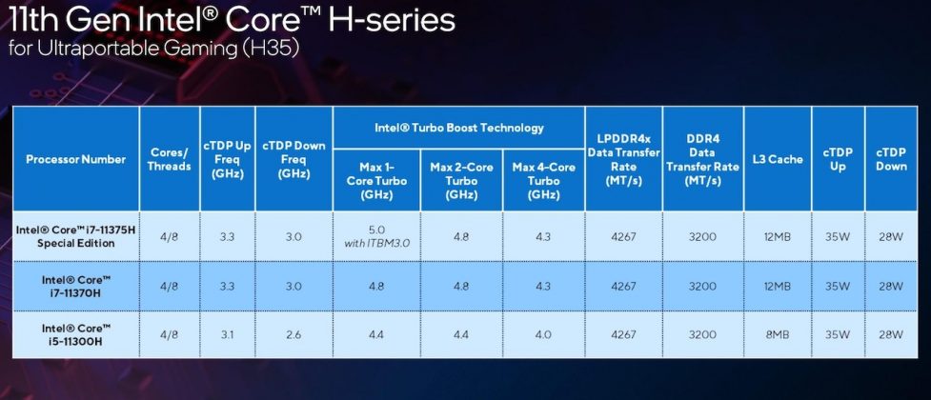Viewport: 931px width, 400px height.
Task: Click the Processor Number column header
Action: click(x=75, y=159)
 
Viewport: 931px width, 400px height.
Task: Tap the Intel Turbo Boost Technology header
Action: click(x=458, y=128)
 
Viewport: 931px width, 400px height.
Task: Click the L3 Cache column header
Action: click(x=777, y=159)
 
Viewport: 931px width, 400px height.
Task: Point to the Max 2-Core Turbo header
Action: click(x=461, y=181)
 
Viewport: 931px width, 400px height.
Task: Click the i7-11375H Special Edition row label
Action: click(x=75, y=237)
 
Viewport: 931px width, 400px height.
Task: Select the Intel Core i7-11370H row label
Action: click(x=75, y=286)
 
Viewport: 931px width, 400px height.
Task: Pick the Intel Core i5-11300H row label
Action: click(x=75, y=335)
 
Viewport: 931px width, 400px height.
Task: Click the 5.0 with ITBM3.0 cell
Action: click(x=376, y=237)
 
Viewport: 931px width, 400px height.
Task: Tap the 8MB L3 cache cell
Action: click(x=777, y=335)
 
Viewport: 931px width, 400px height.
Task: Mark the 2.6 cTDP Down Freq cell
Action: click(x=293, y=335)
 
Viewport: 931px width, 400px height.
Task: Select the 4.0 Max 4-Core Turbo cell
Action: click(x=543, y=335)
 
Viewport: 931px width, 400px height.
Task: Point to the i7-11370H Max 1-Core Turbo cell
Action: click(x=376, y=286)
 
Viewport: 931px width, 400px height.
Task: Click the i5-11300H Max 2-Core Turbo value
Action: click(x=461, y=335)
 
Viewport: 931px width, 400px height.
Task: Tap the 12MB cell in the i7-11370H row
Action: click(x=777, y=286)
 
